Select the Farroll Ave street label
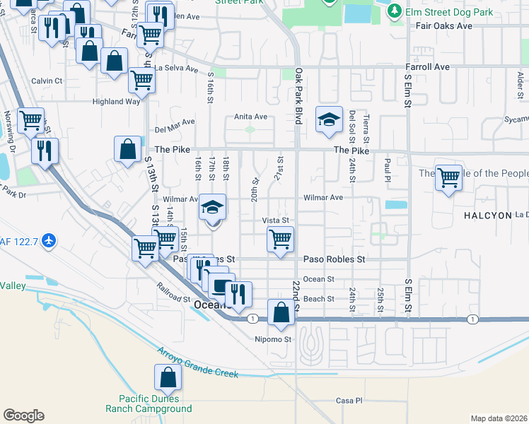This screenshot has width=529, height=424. pyautogui.click(x=427, y=67)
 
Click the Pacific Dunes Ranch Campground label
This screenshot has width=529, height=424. pyautogui.click(x=149, y=404)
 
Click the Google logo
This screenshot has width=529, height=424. pyautogui.click(x=23, y=416)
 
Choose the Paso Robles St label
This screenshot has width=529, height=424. pyautogui.click(x=334, y=259)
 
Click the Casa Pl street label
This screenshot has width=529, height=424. pyautogui.click(x=349, y=401)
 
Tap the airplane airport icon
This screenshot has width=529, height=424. pyautogui.click(x=49, y=240)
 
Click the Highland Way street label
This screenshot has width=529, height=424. pyautogui.click(x=117, y=101)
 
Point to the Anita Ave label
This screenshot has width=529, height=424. pyautogui.click(x=251, y=117)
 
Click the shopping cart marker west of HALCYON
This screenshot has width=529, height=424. pyautogui.click(x=448, y=178)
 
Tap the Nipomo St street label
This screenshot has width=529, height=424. pyautogui.click(x=273, y=339)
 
